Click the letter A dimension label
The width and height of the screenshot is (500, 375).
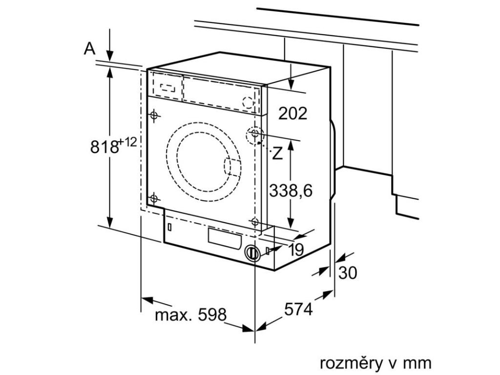[89, 48]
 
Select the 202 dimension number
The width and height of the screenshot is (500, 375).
[293, 113]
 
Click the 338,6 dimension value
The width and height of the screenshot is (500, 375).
[291, 191]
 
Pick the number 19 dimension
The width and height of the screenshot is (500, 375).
[296, 250]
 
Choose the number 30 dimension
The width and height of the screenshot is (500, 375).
[348, 273]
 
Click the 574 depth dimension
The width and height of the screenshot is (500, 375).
[298, 309]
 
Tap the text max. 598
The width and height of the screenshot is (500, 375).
[191, 315]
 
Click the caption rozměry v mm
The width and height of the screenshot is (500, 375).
[375, 363]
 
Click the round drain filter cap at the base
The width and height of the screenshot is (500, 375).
[252, 253]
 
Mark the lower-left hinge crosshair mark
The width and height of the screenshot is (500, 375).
[154, 198]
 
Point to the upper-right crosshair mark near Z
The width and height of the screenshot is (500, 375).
[255, 133]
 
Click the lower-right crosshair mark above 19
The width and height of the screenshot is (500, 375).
[254, 222]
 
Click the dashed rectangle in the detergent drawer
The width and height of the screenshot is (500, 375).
[167, 87]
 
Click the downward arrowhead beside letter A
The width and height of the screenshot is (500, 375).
[110, 56]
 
